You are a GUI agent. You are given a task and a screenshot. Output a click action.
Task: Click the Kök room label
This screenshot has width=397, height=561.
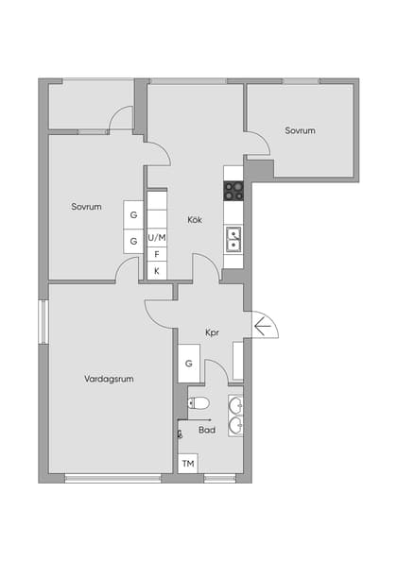click(x=195, y=220)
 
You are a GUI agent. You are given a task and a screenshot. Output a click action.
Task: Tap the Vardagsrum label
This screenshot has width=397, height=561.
click(x=109, y=379)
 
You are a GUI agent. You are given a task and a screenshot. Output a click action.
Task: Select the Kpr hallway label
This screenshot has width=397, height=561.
click(x=213, y=332)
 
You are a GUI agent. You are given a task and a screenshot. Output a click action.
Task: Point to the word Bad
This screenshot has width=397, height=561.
click(x=206, y=430)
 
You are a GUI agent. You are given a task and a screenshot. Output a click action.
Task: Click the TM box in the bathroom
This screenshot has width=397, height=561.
click(x=188, y=464)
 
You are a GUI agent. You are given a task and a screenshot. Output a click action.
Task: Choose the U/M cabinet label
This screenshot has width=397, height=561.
click(x=157, y=237)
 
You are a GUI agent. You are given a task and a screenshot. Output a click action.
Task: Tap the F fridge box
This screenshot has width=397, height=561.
click(x=157, y=254)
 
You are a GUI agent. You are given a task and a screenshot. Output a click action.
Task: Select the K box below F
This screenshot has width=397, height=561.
click(x=157, y=271)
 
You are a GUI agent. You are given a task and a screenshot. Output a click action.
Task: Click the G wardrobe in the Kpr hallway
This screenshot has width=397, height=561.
click(x=188, y=364)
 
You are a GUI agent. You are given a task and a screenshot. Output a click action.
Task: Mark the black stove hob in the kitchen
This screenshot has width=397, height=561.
click(x=233, y=191)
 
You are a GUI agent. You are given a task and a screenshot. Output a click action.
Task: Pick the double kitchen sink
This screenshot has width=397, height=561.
click(x=233, y=239)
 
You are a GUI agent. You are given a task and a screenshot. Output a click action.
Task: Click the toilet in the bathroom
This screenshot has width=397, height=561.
click(x=198, y=404)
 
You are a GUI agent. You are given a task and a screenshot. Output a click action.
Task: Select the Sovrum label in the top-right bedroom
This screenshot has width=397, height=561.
click(x=300, y=130)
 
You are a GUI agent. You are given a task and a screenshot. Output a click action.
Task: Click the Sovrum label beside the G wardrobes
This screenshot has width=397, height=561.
click(x=86, y=207)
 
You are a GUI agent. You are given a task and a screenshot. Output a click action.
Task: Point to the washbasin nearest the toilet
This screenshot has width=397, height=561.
click(x=235, y=406)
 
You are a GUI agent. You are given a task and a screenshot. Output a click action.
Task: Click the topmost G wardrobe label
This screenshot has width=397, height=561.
click(x=133, y=215)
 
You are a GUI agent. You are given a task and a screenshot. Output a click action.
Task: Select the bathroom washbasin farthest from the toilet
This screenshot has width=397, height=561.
click(x=235, y=426)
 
